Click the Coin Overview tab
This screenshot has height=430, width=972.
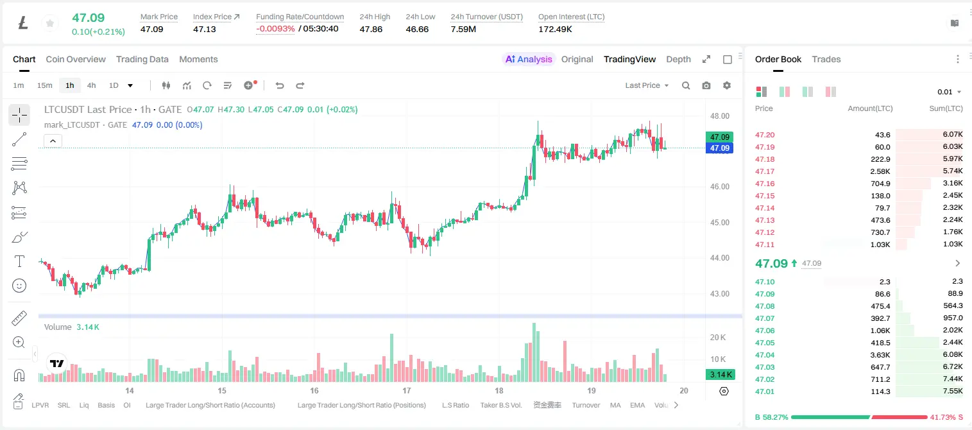[76, 59]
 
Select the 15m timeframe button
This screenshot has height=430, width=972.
[44, 85]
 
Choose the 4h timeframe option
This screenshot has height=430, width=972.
[91, 85]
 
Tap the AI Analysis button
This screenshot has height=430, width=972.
[529, 59]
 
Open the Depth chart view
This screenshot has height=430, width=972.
[678, 59]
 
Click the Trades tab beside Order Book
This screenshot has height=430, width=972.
[826, 59]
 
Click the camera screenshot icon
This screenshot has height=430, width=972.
[706, 85]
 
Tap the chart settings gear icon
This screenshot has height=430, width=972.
[727, 85]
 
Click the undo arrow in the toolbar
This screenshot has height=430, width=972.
[280, 85]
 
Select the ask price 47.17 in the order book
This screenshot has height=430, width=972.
[765, 171]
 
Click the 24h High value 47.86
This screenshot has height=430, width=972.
[371, 29]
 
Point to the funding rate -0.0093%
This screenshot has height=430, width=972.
[275, 29]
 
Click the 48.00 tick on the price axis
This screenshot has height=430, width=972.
[720, 116]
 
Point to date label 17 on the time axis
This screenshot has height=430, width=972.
[407, 390]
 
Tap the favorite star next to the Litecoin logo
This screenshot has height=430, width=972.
[50, 23]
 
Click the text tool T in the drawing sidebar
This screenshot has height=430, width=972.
[19, 261]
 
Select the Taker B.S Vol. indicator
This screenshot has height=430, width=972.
[500, 405]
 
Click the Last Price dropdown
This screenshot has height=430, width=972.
[647, 85]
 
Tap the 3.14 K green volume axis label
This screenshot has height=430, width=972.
[720, 374]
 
